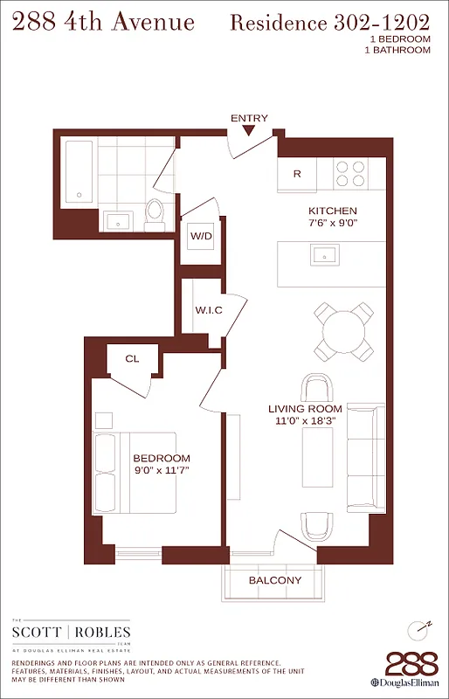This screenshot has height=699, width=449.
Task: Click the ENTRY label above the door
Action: point(249,118)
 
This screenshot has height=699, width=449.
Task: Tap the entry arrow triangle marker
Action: point(249,131)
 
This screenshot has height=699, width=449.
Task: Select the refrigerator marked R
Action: point(297,174)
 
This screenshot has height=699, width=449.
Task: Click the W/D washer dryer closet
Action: point(202,236)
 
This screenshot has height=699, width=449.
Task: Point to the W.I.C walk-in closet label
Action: point(208,310)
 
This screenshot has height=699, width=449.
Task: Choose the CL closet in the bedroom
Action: point(132,358)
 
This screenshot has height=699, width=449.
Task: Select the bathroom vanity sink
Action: point(119,220)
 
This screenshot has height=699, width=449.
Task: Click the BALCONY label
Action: point(275,580)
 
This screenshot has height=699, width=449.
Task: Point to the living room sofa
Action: point(364,458)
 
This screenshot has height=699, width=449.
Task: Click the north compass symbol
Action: point(419,630)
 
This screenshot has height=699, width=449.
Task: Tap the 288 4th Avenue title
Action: point(104,22)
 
